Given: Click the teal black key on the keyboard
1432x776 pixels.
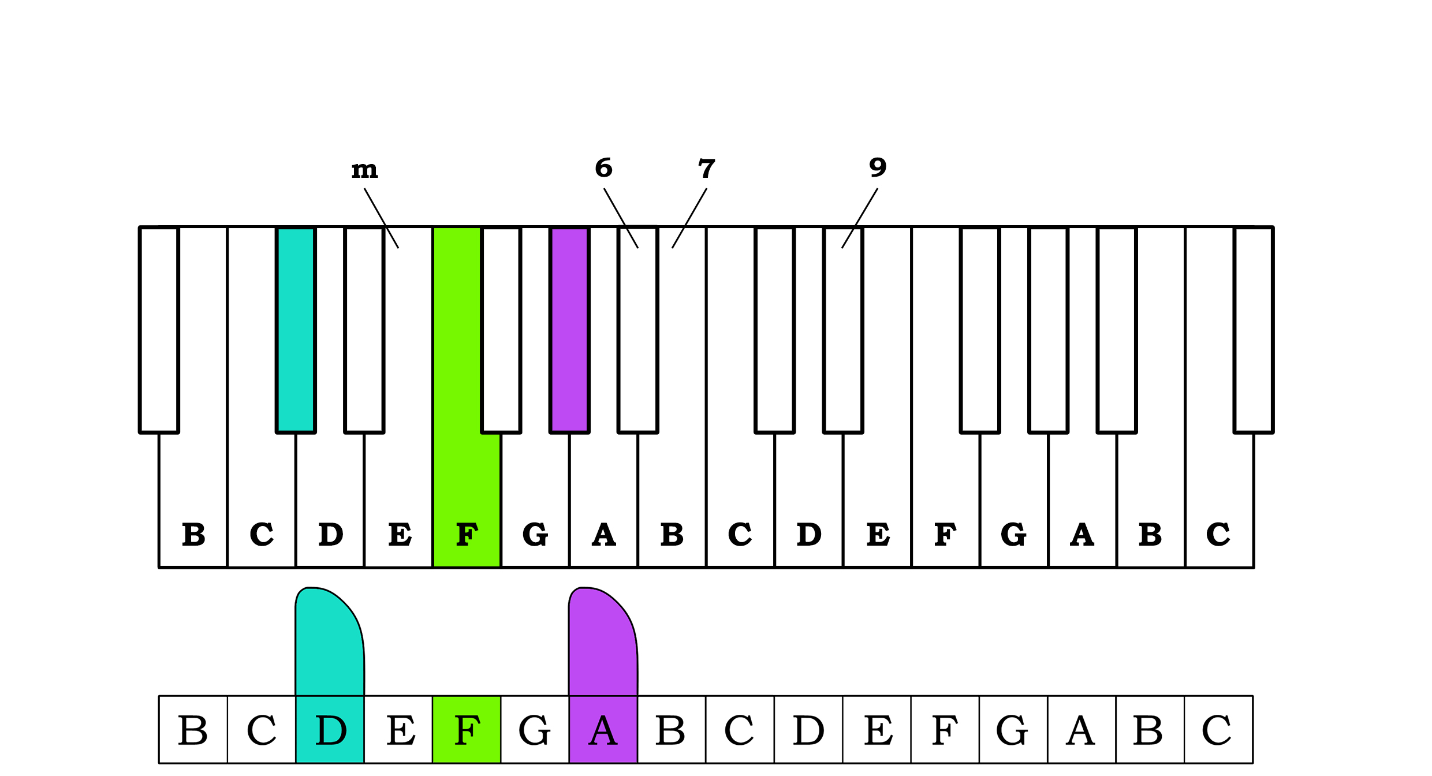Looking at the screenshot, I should (296, 329).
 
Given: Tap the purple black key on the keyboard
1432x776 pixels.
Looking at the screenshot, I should (570, 329).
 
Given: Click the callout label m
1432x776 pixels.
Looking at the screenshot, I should (364, 170).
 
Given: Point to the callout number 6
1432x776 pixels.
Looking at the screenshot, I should (603, 168).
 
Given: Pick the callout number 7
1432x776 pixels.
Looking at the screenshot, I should (706, 169).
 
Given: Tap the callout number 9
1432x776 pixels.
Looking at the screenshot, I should (878, 167).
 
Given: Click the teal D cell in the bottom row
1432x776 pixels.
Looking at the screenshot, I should (330, 730).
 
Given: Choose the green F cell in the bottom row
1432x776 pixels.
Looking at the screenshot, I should (467, 730).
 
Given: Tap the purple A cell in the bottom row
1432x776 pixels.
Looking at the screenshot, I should (603, 730).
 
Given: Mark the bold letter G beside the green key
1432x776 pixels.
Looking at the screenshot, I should (535, 534).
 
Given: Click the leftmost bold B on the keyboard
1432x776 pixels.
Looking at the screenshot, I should (193, 534).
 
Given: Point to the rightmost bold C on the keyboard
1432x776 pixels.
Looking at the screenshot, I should (1218, 534).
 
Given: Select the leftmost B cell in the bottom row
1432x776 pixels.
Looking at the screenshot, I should (193, 730).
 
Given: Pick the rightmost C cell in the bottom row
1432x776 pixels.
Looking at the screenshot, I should (1218, 730).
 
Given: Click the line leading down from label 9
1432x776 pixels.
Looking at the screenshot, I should (860, 218).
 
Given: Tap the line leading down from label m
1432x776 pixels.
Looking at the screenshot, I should (381, 218).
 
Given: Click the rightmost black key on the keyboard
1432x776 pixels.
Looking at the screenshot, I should (1254, 329).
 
